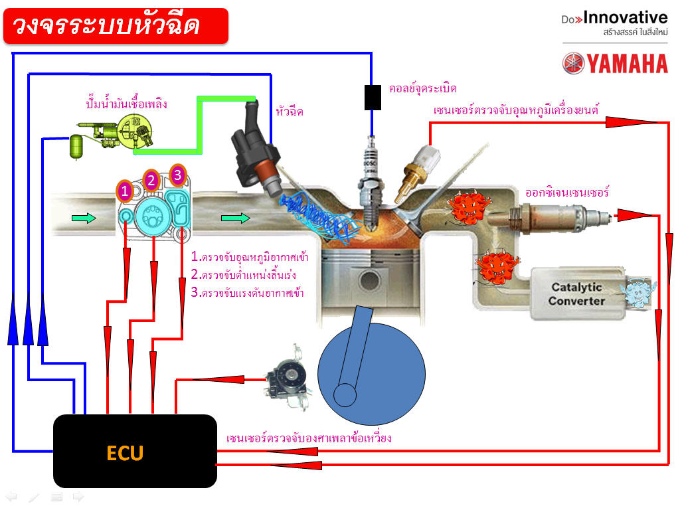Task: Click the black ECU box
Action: [135, 451]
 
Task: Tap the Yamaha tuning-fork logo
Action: [573, 63]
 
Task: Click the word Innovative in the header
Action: [626, 18]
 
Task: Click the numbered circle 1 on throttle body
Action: [124, 191]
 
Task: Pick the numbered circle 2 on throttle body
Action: [151, 180]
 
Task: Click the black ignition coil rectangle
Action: [373, 97]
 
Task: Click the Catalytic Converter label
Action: [576, 294]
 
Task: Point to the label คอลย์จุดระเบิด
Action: [423, 88]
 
